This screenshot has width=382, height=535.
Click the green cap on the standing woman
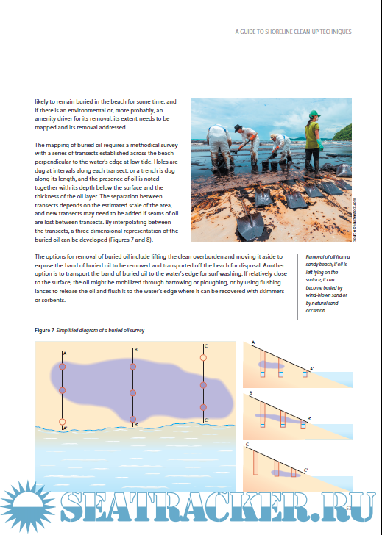pyautogui.click(x=314, y=114)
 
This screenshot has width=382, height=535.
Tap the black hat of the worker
pyautogui.click(x=238, y=128)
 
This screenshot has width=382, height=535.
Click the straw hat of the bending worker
pyautogui.click(x=273, y=135)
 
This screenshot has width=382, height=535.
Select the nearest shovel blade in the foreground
pyautogui.click(x=250, y=226)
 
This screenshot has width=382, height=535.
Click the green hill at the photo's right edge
pyautogui.click(x=343, y=134)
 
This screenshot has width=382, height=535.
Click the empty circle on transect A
pyautogui.click(x=62, y=422)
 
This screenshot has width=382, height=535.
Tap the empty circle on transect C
pyautogui.click(x=203, y=358)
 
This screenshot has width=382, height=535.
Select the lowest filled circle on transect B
pyautogui.click(x=133, y=420)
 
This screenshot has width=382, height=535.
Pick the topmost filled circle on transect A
pyautogui.click(x=62, y=367)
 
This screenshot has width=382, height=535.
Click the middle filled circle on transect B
pyautogui.click(x=133, y=393)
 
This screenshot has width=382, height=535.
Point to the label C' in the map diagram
pyautogui.click(x=206, y=420)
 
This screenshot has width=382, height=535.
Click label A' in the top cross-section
pyautogui.click(x=312, y=368)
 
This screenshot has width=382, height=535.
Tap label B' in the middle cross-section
pyautogui.click(x=309, y=418)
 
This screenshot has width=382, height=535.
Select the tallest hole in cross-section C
pyautogui.click(x=256, y=463)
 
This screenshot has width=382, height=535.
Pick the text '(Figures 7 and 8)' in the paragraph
pyautogui.click(x=134, y=240)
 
